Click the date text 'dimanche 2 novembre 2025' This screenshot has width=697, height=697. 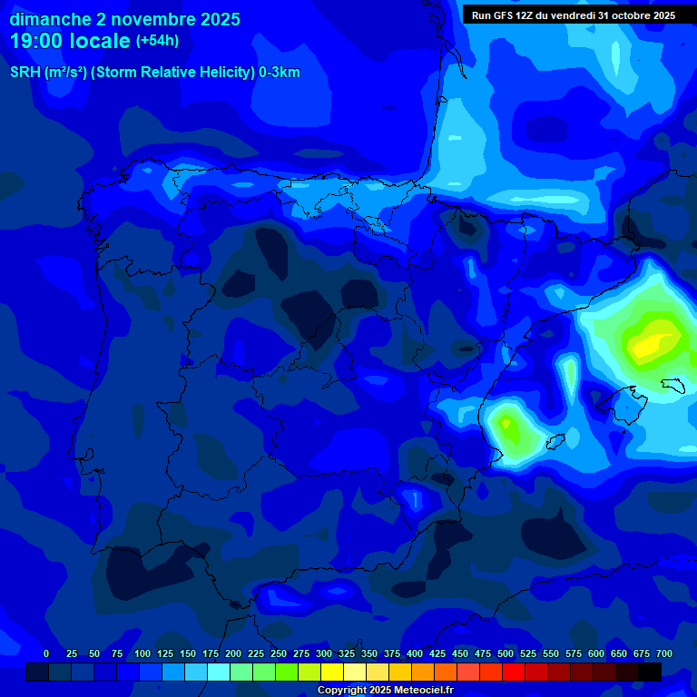tap(124, 19)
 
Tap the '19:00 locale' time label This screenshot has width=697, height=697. tap(70, 40)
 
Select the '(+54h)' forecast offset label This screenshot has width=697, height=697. tap(157, 41)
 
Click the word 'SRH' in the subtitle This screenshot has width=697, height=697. tap(25, 73)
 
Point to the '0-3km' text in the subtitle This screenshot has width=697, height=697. tap(279, 73)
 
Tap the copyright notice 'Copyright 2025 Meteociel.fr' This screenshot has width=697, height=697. tap(385, 691)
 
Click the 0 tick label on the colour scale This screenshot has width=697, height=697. tap(46, 653)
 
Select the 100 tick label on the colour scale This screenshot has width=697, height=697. tap(142, 653)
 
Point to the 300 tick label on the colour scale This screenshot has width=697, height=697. tap(324, 653)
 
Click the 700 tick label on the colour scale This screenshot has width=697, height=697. tap(663, 653)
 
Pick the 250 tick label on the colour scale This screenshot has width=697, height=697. tap(279, 653)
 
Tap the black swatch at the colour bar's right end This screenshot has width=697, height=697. tap(649, 672)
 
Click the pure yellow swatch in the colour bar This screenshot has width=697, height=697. tap(332, 672)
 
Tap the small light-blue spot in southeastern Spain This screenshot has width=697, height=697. tap(414, 498)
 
